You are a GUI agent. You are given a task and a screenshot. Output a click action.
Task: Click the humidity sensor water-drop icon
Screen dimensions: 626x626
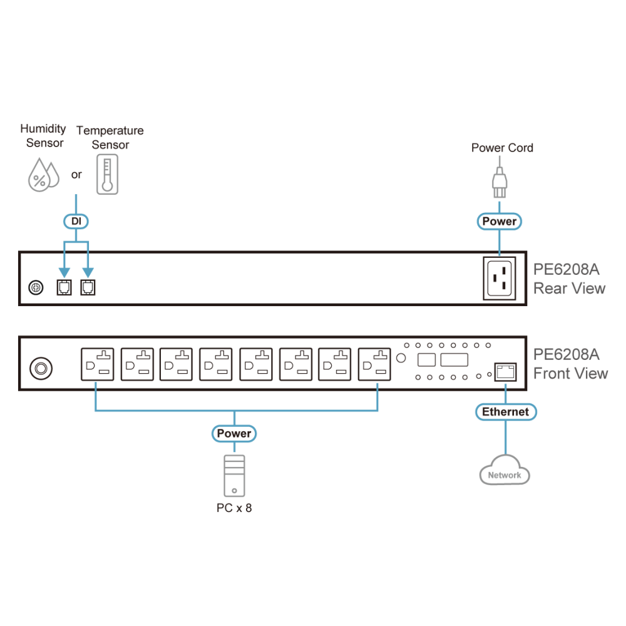[44, 175]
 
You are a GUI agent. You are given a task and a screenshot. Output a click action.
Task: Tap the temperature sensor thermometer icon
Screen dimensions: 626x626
[108, 175]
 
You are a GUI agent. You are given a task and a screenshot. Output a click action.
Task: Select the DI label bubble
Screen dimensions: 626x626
[76, 221]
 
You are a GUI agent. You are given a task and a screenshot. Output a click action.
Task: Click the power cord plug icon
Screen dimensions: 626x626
[500, 182]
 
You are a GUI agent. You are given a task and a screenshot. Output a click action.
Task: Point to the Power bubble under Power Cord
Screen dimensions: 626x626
[500, 221]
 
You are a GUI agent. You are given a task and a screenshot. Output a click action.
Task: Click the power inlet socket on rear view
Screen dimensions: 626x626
[500, 279]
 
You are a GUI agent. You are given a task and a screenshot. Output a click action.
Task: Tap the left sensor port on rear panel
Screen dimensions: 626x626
[64, 287]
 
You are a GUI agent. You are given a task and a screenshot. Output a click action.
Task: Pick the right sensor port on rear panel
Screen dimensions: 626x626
[88, 287]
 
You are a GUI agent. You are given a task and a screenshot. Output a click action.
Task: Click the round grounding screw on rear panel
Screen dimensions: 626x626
[36, 287]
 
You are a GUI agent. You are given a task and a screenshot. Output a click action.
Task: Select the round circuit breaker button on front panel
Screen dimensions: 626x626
[41, 368]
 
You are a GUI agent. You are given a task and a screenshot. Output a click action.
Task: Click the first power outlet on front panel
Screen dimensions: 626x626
[98, 364]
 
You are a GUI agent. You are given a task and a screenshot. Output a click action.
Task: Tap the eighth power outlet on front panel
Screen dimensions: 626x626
[374, 364]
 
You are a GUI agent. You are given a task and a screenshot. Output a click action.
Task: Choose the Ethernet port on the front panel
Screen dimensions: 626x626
[505, 372]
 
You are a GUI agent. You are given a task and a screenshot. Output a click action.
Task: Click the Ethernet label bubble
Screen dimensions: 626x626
[506, 412]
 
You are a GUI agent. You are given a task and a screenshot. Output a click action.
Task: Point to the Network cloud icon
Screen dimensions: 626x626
[505, 470]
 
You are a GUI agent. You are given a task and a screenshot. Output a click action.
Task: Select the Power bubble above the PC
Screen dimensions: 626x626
[234, 434]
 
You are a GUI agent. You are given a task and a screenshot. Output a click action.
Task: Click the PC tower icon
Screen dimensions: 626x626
[234, 476]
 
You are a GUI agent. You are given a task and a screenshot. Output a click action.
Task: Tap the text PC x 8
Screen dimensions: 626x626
[234, 508]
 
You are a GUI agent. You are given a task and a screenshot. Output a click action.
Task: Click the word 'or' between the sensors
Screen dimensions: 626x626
[76, 175]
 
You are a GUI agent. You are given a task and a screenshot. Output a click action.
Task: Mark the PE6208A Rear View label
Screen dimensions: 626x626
[569, 279]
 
